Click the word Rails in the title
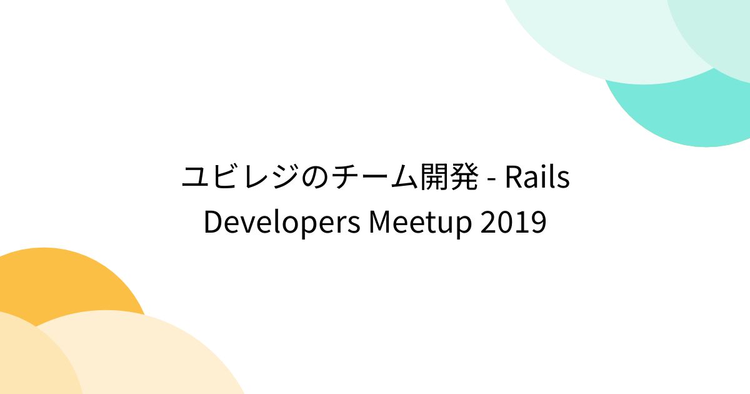pyautogui.click(x=537, y=178)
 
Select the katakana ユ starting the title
pyautogui.click(x=196, y=178)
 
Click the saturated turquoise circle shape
pyautogui.click(x=687, y=119)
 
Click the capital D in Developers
pyautogui.click(x=213, y=223)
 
